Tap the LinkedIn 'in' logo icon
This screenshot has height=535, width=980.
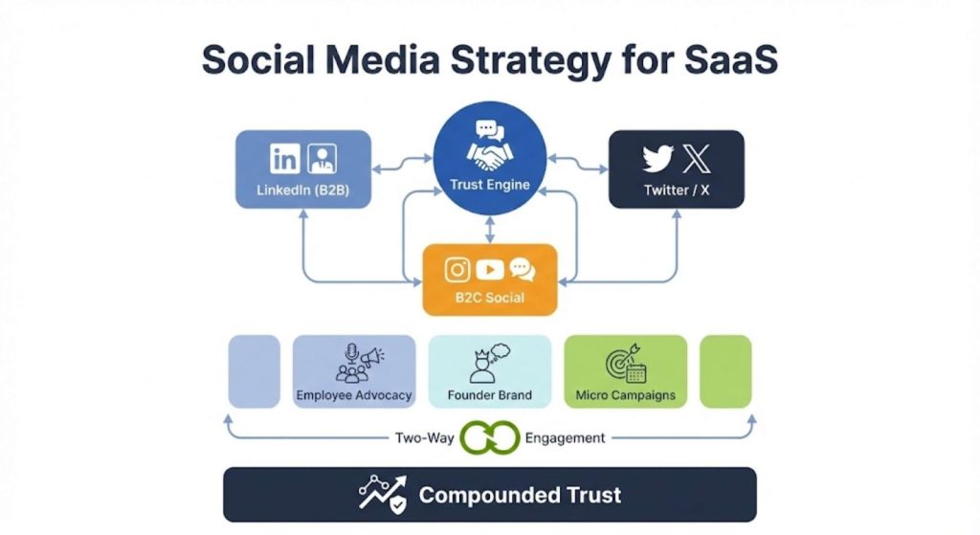pyautogui.click(x=284, y=158)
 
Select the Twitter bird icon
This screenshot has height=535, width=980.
pyautogui.click(x=658, y=158)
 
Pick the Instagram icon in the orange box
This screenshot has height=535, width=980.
pyautogui.click(x=457, y=270)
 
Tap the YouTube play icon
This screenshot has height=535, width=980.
pyautogui.click(x=489, y=270)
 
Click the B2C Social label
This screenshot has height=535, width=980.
pyautogui.click(x=489, y=297)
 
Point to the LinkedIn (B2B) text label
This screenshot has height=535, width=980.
pyautogui.click(x=302, y=189)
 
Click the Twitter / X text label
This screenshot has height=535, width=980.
pyautogui.click(x=677, y=189)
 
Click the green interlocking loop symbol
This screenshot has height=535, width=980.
pyautogui.click(x=488, y=437)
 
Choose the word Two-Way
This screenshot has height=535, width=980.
pyautogui.click(x=424, y=437)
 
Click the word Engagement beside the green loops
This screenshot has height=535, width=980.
pyautogui.click(x=565, y=437)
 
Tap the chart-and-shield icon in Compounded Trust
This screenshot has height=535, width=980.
pyautogui.click(x=382, y=495)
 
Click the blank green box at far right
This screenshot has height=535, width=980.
pyautogui.click(x=725, y=371)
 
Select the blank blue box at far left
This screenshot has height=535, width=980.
pyautogui.click(x=254, y=371)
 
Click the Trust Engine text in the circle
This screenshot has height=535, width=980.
pyautogui.click(x=489, y=185)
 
